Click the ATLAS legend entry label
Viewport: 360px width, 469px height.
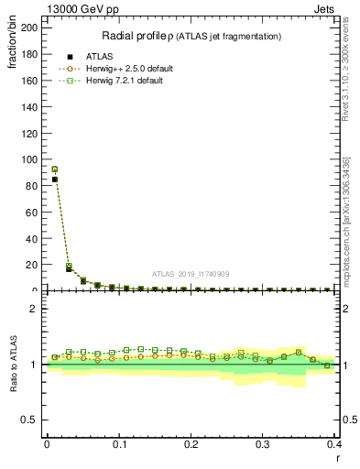[x=99, y=56]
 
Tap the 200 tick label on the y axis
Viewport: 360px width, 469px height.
[x=28, y=27]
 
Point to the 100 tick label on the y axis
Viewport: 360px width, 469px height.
[x=28, y=159]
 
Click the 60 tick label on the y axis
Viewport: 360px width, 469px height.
[x=31, y=213]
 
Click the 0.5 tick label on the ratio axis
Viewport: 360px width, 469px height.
[x=29, y=420]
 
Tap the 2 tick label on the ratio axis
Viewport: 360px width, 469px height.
[x=34, y=309]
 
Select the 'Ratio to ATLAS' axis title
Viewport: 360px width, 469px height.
[x=12, y=365]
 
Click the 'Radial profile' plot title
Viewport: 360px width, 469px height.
[x=191, y=36]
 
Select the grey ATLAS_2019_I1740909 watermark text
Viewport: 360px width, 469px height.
[x=190, y=274]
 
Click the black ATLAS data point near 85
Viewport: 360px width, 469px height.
[x=55, y=180]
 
